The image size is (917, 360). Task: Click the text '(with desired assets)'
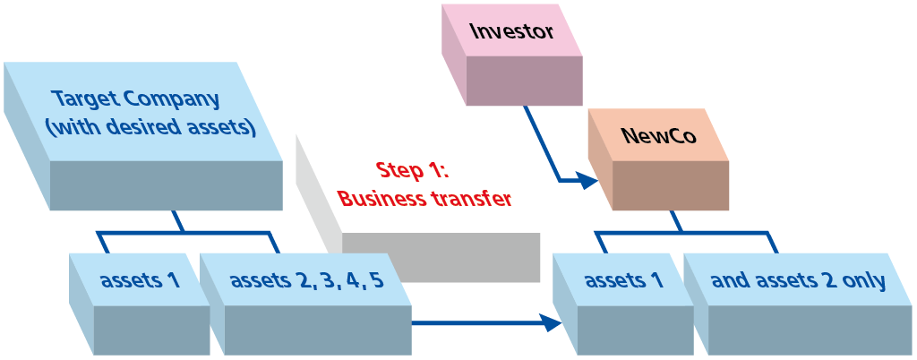click(x=150, y=127)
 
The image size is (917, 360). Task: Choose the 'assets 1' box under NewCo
click(x=624, y=280)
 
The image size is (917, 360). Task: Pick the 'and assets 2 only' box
click(x=798, y=281)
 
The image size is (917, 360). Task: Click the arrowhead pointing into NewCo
click(x=587, y=181)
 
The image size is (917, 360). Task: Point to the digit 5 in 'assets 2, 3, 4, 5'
click(x=377, y=280)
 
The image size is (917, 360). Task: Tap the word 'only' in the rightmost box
click(x=864, y=281)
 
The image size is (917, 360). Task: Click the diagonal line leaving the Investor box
click(x=543, y=143)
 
